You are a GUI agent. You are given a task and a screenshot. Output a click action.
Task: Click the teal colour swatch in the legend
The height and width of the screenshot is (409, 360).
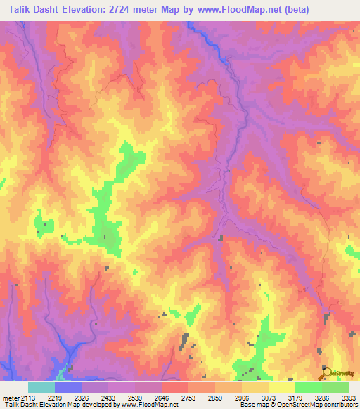coord(41,387)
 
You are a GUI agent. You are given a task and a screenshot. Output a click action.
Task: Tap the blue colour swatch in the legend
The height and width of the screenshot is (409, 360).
coord(68,387)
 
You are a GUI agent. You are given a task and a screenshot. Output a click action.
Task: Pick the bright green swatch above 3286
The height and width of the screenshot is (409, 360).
coord(309,387)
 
